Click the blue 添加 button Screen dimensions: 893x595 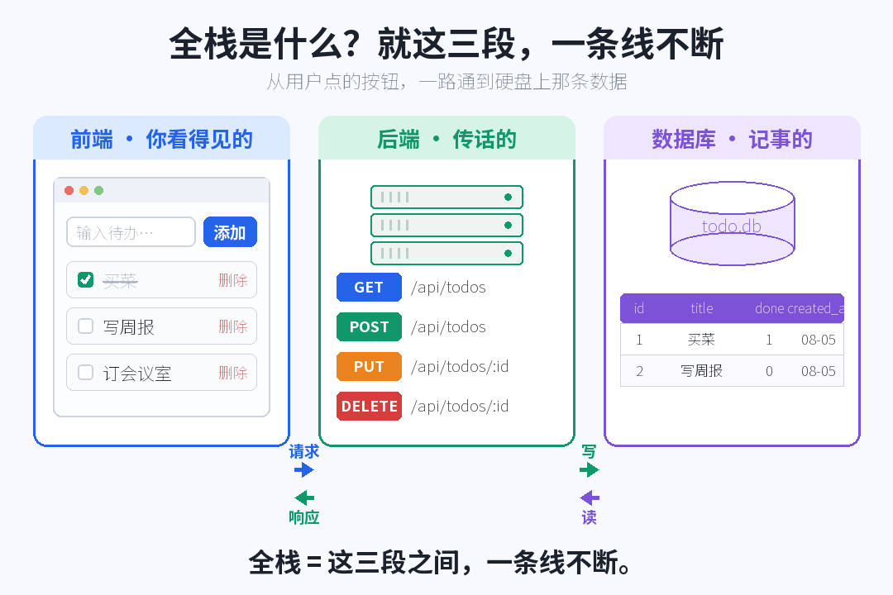230,232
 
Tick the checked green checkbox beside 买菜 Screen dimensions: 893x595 85,279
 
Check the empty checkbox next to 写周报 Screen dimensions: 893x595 85,326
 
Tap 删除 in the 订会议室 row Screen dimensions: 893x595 233,373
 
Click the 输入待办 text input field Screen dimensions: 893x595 131,232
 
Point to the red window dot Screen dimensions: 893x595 69,191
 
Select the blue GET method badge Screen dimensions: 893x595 369,287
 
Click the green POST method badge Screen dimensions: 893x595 369,326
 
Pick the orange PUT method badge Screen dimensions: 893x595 369,367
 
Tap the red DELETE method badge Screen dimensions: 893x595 369,406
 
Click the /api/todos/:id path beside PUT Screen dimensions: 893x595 460,367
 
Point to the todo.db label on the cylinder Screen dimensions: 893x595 732,226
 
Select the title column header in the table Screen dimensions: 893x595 702,308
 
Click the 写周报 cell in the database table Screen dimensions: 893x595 702,371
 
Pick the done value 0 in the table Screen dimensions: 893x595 770,371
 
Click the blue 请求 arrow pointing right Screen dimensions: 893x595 304,470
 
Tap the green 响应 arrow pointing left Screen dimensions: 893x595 304,498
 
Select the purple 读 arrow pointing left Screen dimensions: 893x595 590,498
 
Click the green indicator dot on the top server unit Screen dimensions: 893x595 508,197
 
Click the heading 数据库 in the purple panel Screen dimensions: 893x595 684,140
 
